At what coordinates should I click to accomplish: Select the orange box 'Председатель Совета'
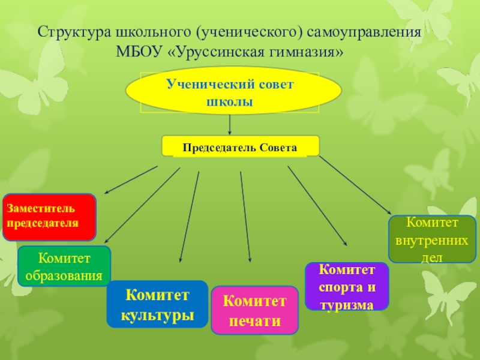coord(241,146)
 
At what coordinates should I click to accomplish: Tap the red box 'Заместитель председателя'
coord(49,217)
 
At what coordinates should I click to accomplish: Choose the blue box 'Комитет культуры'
coord(157,304)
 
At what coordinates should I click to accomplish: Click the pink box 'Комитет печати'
coord(254,310)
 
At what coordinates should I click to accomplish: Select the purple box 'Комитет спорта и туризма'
coord(347,286)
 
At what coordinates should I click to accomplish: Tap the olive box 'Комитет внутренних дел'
coord(432,239)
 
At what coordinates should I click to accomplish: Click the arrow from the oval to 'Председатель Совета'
coord(230,125)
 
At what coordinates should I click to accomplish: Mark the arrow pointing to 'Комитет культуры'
coord(189,217)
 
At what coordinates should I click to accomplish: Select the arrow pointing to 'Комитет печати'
coord(245,216)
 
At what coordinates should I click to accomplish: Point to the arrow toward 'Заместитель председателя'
coord(131,180)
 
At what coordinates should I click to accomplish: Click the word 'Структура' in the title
coord(67,31)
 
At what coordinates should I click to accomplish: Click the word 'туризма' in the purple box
coord(347,304)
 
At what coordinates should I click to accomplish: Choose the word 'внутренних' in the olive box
coord(432,240)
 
